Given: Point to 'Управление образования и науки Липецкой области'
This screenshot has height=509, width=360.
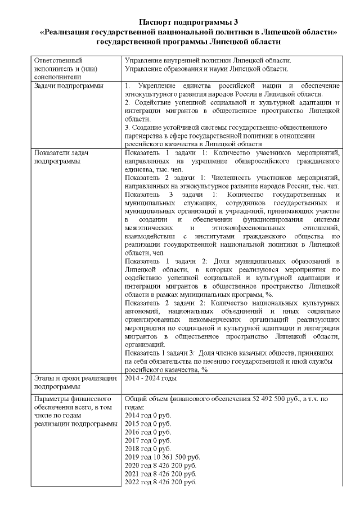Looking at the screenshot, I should tap(206, 69).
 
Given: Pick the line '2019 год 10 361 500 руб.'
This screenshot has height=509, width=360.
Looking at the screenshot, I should tap(162, 457).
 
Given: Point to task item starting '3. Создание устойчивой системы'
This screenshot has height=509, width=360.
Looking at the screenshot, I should tap(225, 128).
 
